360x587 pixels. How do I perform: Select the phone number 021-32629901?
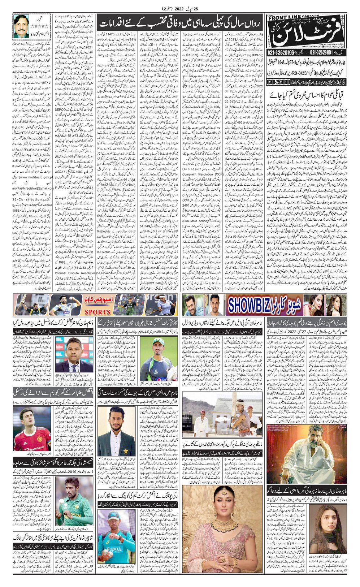pos(325,53)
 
